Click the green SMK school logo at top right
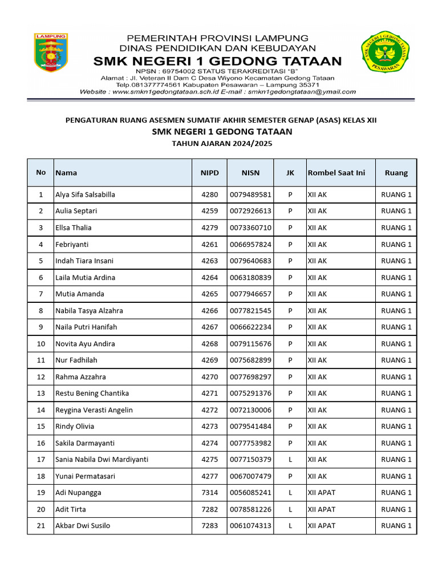[386, 55]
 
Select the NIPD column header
[209, 173]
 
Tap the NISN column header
[250, 173]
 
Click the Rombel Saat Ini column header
[336, 173]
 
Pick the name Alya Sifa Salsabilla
[85, 194]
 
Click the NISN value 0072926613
[250, 211]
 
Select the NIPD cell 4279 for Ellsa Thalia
[209, 228]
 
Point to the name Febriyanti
[72, 244]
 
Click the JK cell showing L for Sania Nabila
[290, 460]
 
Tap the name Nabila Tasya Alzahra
[89, 311]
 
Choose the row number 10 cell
[40, 344]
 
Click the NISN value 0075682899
[250, 360]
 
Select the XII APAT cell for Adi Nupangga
[322, 493]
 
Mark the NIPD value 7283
[209, 526]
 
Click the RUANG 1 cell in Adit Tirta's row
[396, 509]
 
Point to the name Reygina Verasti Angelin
[94, 410]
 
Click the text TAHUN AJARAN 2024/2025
[222, 144]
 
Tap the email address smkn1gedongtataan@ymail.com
[301, 91]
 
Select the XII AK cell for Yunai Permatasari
[317, 476]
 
